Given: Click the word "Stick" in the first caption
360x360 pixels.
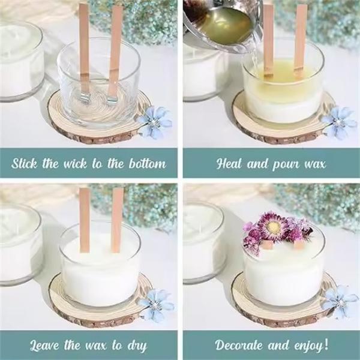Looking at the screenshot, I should pos(25,163).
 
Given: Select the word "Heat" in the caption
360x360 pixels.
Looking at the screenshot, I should pos(229,163).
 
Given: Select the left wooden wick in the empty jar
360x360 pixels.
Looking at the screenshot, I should pos(83,48).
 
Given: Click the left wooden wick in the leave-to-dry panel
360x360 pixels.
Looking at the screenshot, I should pos(85,219).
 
